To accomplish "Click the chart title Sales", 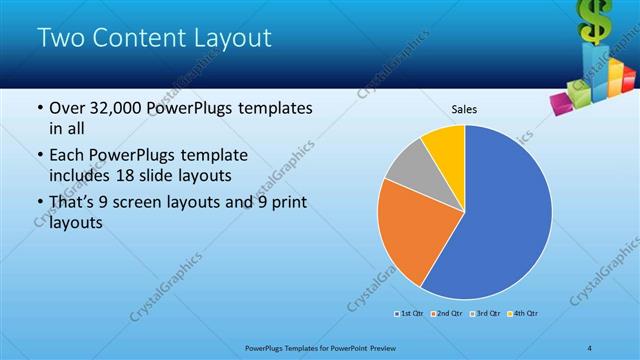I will click(464, 108).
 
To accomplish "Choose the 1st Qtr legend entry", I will click(410, 314).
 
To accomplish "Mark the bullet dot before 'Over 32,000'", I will click(39, 109).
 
